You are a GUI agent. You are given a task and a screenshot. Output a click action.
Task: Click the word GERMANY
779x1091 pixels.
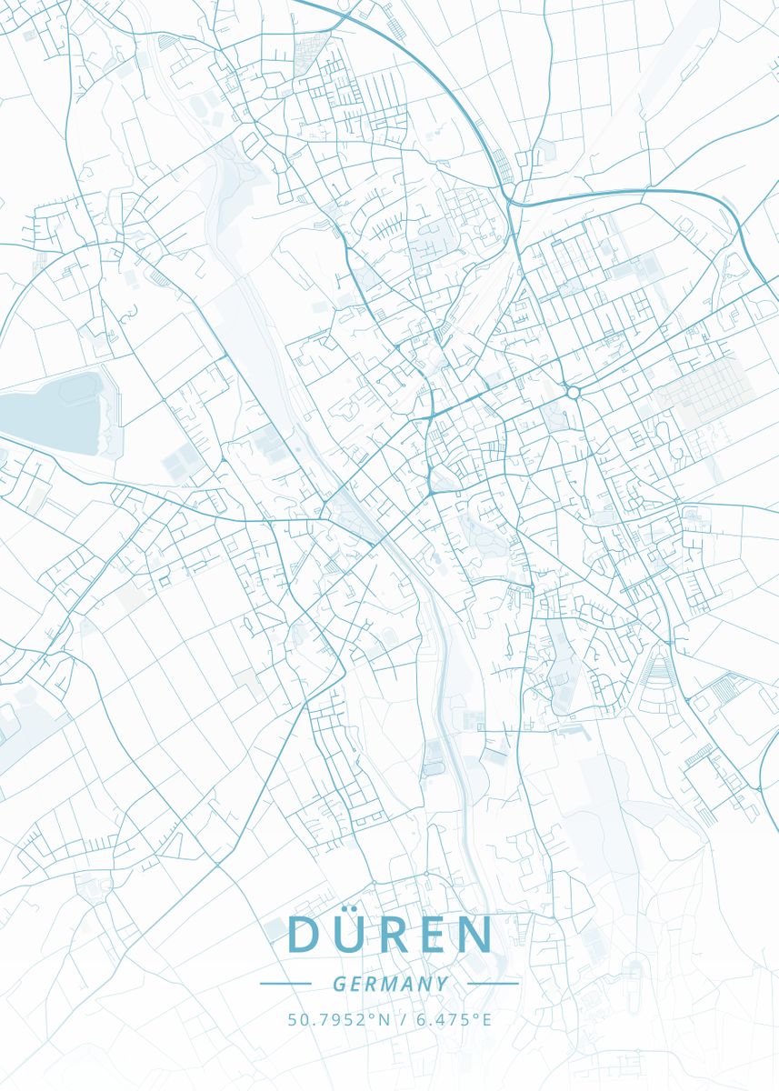coord(390,984)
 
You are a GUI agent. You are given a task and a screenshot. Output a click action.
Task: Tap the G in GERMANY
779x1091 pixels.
coord(339,984)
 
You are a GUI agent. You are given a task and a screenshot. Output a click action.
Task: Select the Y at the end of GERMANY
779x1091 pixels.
coord(442,984)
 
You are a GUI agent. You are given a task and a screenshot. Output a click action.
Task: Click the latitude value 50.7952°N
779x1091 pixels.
coord(338,1019)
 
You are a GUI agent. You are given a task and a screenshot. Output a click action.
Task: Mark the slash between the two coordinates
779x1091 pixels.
coord(403,1019)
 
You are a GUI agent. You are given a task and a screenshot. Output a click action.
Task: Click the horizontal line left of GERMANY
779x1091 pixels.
coord(285,983)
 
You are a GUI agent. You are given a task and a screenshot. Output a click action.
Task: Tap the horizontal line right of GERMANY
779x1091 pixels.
coord(493,983)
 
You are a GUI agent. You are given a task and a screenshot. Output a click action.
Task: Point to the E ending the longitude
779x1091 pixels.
coord(486,1019)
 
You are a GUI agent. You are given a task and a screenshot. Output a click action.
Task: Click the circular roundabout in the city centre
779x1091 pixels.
coord(573,392)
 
